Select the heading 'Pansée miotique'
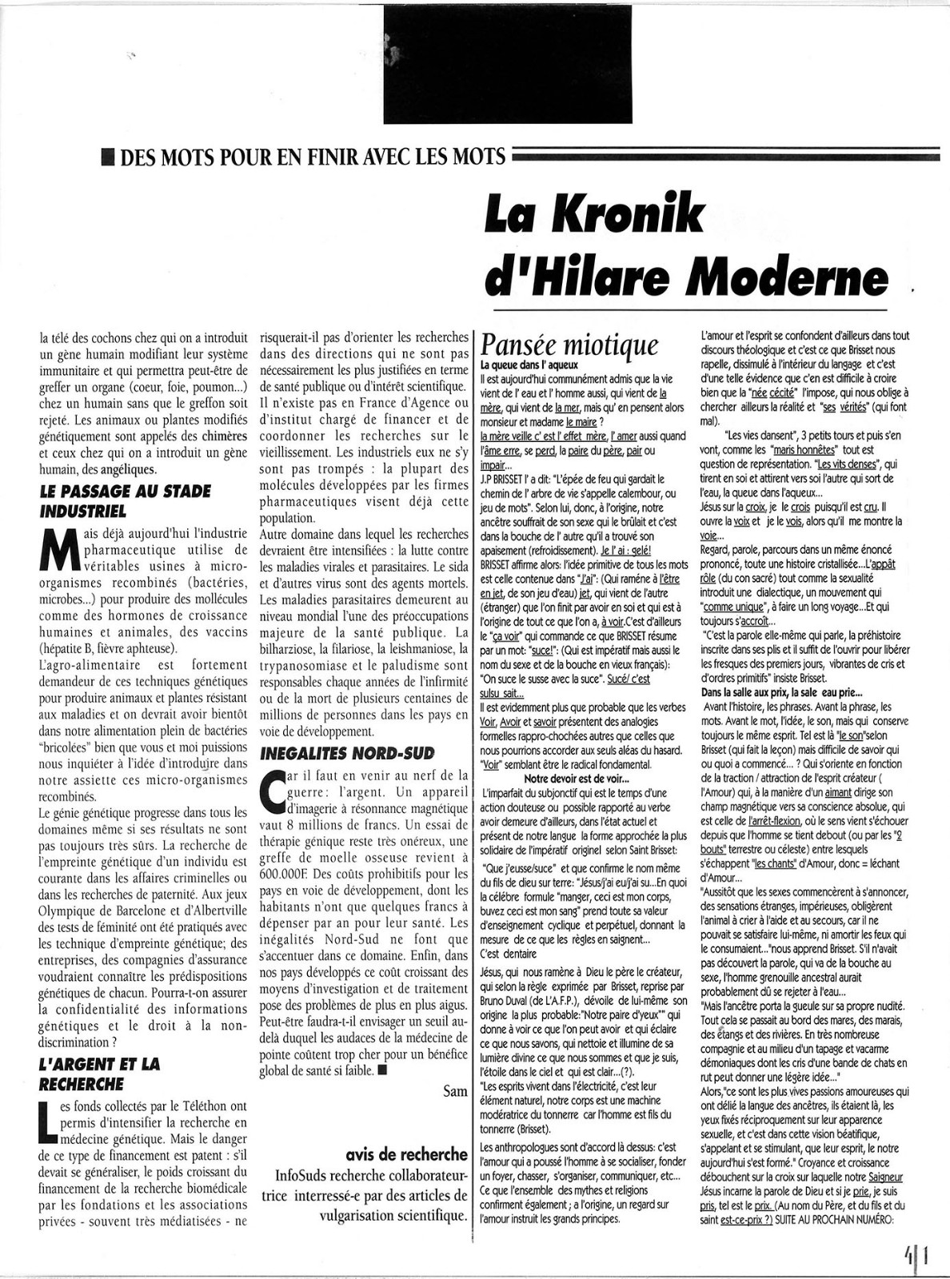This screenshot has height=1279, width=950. pyautogui.click(x=569, y=345)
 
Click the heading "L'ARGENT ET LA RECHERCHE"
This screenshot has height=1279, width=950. pyautogui.click(x=99, y=1074)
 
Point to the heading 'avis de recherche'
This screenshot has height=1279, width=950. pyautogui.click(x=407, y=1153)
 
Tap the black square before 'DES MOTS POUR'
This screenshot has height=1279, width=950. pyautogui.click(x=106, y=155)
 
